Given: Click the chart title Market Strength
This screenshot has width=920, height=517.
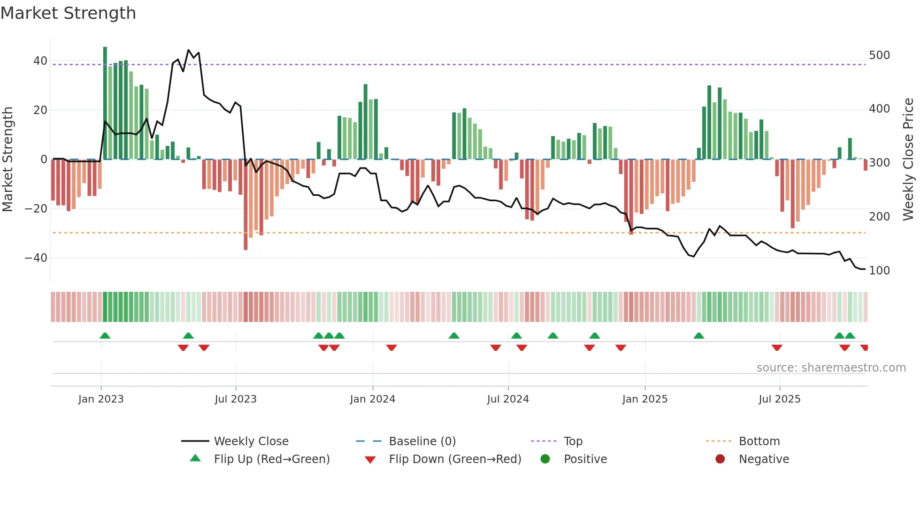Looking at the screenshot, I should pyautogui.click(x=68, y=13).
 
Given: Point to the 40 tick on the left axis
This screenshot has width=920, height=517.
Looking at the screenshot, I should pyautogui.click(x=40, y=61).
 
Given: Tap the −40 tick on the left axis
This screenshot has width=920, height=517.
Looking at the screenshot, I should pyautogui.click(x=36, y=258).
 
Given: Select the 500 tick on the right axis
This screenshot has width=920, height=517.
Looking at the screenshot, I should pyautogui.click(x=879, y=55).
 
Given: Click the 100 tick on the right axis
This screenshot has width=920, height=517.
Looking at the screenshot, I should pyautogui.click(x=879, y=271).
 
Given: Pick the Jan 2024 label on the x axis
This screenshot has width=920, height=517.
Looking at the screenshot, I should pyautogui.click(x=372, y=399).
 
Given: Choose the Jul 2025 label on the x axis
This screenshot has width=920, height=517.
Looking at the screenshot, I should pyautogui.click(x=779, y=399).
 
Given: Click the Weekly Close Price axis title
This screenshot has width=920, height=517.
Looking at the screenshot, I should pyautogui.click(x=908, y=160).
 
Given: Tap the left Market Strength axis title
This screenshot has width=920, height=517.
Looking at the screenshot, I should pyautogui.click(x=8, y=160).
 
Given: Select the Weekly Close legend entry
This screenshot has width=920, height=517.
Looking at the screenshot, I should pyautogui.click(x=251, y=441).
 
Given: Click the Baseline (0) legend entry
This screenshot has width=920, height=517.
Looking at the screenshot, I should pyautogui.click(x=422, y=441).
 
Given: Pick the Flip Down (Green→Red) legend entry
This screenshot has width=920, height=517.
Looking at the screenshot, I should pyautogui.click(x=455, y=459).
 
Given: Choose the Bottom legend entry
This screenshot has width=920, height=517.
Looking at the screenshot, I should pyautogui.click(x=759, y=441).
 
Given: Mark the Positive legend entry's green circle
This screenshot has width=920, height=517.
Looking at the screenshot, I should pyautogui.click(x=545, y=459).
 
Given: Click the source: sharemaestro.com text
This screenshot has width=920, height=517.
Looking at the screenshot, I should pyautogui.click(x=831, y=368).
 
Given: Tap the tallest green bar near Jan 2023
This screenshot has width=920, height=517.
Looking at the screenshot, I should pyautogui.click(x=105, y=103).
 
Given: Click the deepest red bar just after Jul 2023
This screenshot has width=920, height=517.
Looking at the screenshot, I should pyautogui.click(x=245, y=206).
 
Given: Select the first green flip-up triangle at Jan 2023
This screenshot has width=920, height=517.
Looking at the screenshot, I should pyautogui.click(x=105, y=335).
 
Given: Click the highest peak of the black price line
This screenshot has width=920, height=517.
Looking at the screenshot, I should pyautogui.click(x=189, y=50).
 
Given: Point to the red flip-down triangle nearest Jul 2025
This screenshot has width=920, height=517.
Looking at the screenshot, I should pyautogui.click(x=777, y=348).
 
